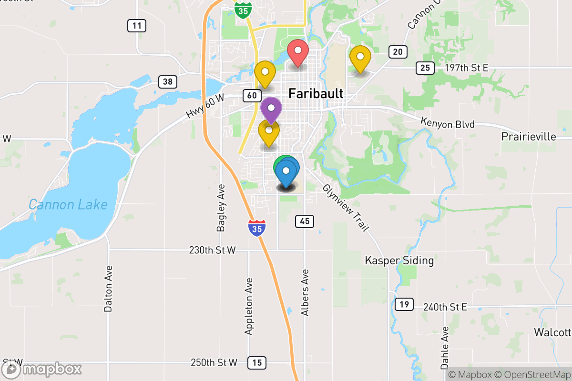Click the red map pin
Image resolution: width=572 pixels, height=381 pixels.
(298, 52)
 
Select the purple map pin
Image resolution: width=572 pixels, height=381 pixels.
(271, 109)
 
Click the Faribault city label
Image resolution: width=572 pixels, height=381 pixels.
(316, 94)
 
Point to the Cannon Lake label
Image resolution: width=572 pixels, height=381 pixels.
(68, 205)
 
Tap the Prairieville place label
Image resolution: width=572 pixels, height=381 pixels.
(529, 137)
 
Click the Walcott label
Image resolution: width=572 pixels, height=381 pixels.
(552, 332)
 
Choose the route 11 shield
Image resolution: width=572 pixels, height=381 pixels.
(137, 26)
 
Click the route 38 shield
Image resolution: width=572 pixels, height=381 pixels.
(167, 81)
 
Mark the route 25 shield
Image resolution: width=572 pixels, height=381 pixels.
(425, 68)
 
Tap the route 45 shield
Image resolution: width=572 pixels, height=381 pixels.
(305, 221)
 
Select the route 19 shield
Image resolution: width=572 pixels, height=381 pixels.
(404, 305)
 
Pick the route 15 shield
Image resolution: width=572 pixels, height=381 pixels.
(257, 363)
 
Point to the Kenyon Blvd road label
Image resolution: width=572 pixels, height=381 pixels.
(448, 123)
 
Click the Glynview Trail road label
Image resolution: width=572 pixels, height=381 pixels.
(346, 208)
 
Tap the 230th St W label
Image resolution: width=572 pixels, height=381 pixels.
(212, 250)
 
